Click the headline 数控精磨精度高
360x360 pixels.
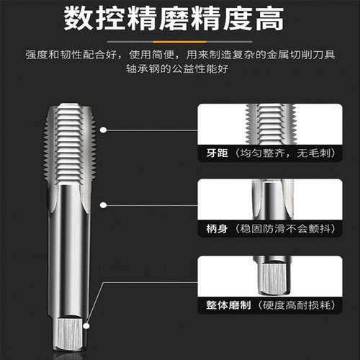click(180, 20)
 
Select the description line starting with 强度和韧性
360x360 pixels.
click(180, 55)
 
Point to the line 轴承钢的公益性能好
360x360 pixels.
click(180, 71)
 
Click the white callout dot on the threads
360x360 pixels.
click(104, 130)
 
